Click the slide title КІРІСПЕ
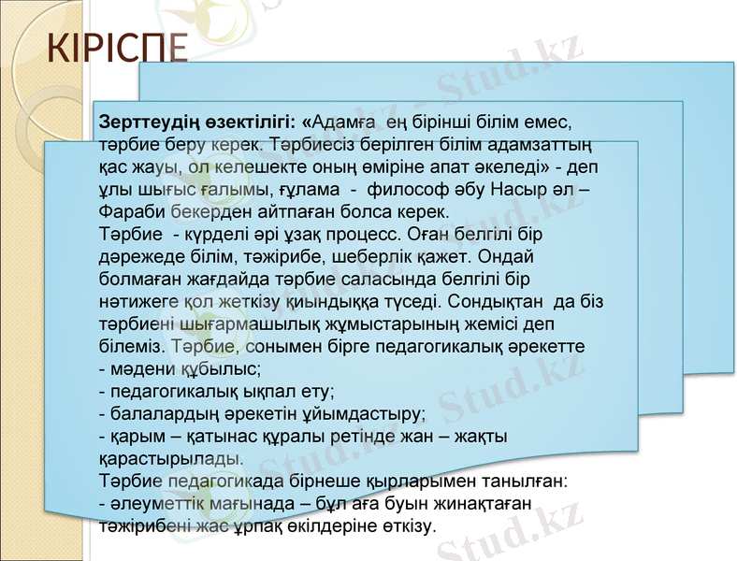(x=118, y=46)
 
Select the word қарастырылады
(x=174, y=458)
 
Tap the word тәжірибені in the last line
(x=144, y=525)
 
